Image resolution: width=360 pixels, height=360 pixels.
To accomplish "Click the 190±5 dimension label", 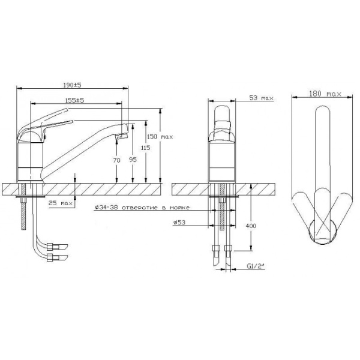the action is click(x=72, y=85).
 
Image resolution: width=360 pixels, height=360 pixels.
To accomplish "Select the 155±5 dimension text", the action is click(x=74, y=100).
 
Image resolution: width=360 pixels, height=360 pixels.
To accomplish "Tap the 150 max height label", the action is click(x=160, y=137).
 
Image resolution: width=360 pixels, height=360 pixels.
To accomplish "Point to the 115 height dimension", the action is click(x=146, y=148).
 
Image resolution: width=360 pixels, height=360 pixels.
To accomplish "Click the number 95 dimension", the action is click(x=133, y=160).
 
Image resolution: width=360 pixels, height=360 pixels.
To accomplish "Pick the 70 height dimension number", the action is click(x=116, y=160).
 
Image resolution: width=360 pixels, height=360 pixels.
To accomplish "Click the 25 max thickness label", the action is click(x=61, y=203).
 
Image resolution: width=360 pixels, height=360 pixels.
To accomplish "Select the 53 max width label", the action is click(x=261, y=98).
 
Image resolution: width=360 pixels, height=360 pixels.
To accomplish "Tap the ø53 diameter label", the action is click(x=179, y=223).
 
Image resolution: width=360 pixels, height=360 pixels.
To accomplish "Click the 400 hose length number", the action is click(x=251, y=226).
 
